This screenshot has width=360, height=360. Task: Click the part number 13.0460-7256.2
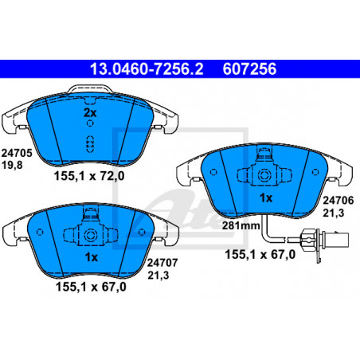(147, 69)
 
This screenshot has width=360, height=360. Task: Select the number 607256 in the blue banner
(249, 69)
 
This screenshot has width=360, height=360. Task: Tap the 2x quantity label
(90, 113)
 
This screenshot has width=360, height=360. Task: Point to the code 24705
(17, 153)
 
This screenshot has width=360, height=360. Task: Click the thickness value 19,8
(12, 165)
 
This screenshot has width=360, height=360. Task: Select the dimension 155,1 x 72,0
(89, 176)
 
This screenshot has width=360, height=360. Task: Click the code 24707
(162, 263)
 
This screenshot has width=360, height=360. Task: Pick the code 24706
(338, 201)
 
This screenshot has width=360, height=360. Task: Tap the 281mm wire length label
(241, 225)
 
